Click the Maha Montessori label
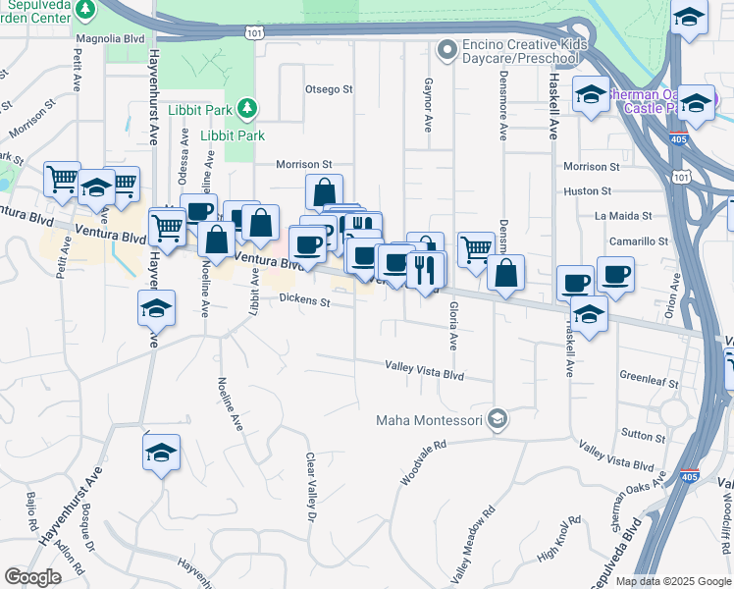[431, 420]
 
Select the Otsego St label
[328, 89]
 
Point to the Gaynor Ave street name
[428, 106]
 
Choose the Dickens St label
[303, 300]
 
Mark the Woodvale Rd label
[423, 460]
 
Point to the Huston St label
[588, 190]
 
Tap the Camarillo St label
[643, 240]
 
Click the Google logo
[33, 577]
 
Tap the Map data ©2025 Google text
[673, 581]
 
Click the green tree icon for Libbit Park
[249, 106]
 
